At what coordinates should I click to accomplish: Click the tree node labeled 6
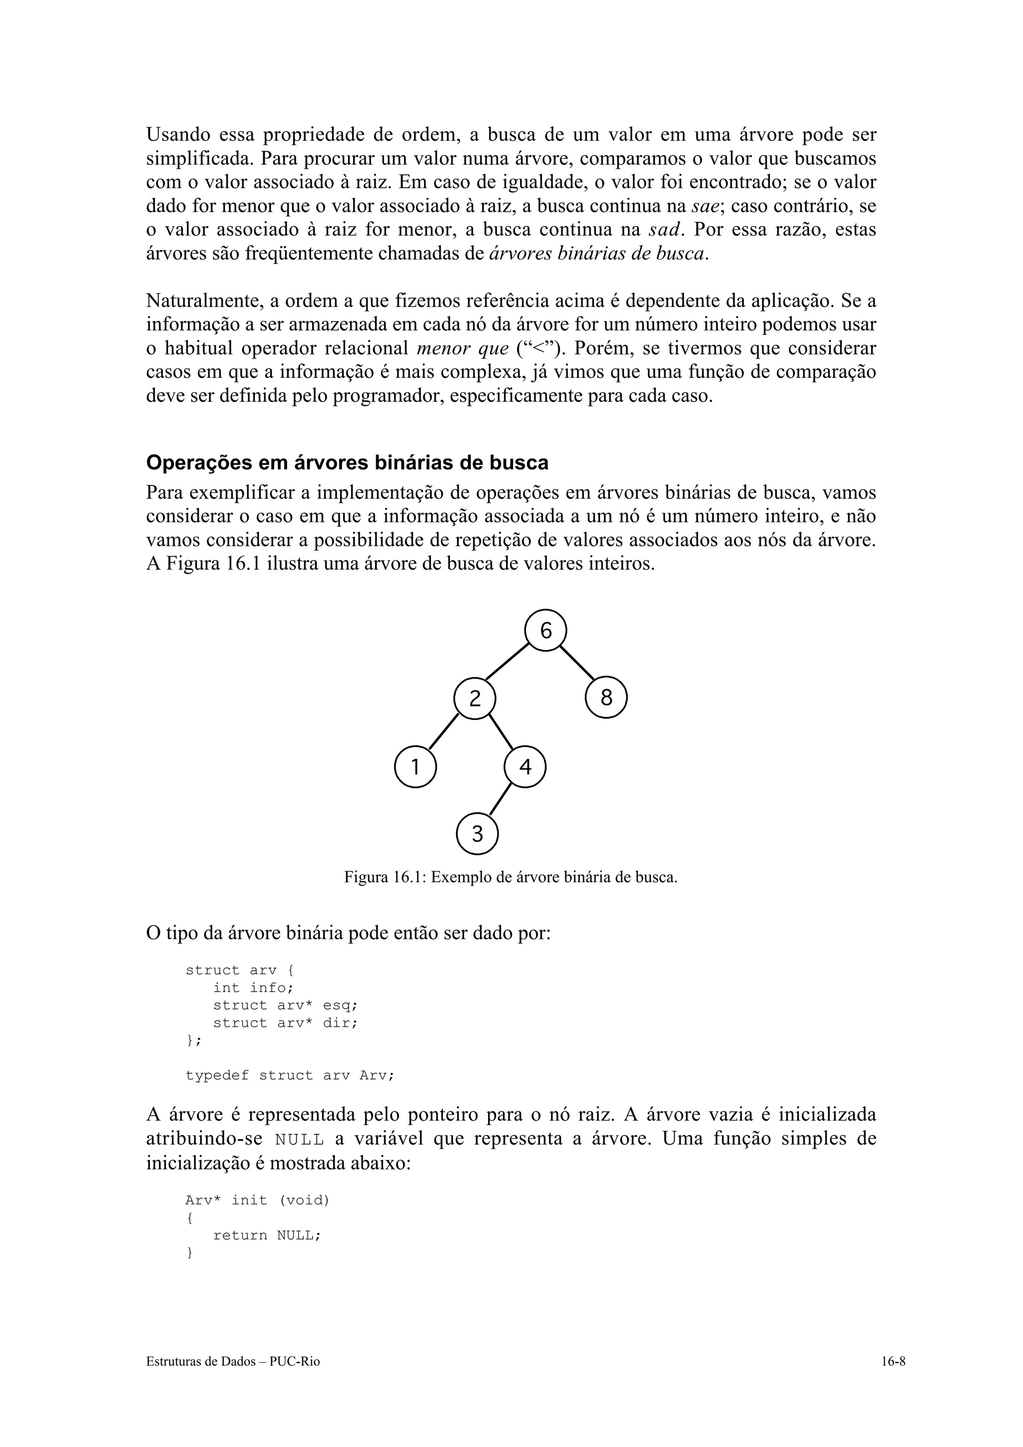click(546, 630)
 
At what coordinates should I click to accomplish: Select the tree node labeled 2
click(475, 699)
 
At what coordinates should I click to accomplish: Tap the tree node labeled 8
click(606, 698)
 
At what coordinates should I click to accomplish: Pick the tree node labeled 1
click(416, 767)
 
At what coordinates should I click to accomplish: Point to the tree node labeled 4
click(525, 767)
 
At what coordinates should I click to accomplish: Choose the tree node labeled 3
click(477, 834)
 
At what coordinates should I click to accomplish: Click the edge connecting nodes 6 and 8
click(577, 664)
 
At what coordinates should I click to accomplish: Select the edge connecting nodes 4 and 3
click(501, 800)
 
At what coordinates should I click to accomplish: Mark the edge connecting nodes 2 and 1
click(444, 731)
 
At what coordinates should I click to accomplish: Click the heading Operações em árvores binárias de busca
click(347, 462)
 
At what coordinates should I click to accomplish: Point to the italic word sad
click(666, 230)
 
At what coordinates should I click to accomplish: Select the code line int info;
click(253, 988)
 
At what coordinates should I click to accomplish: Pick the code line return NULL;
click(267, 1235)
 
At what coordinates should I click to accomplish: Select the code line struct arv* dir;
click(285, 1023)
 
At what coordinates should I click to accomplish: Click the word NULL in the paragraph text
click(300, 1139)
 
